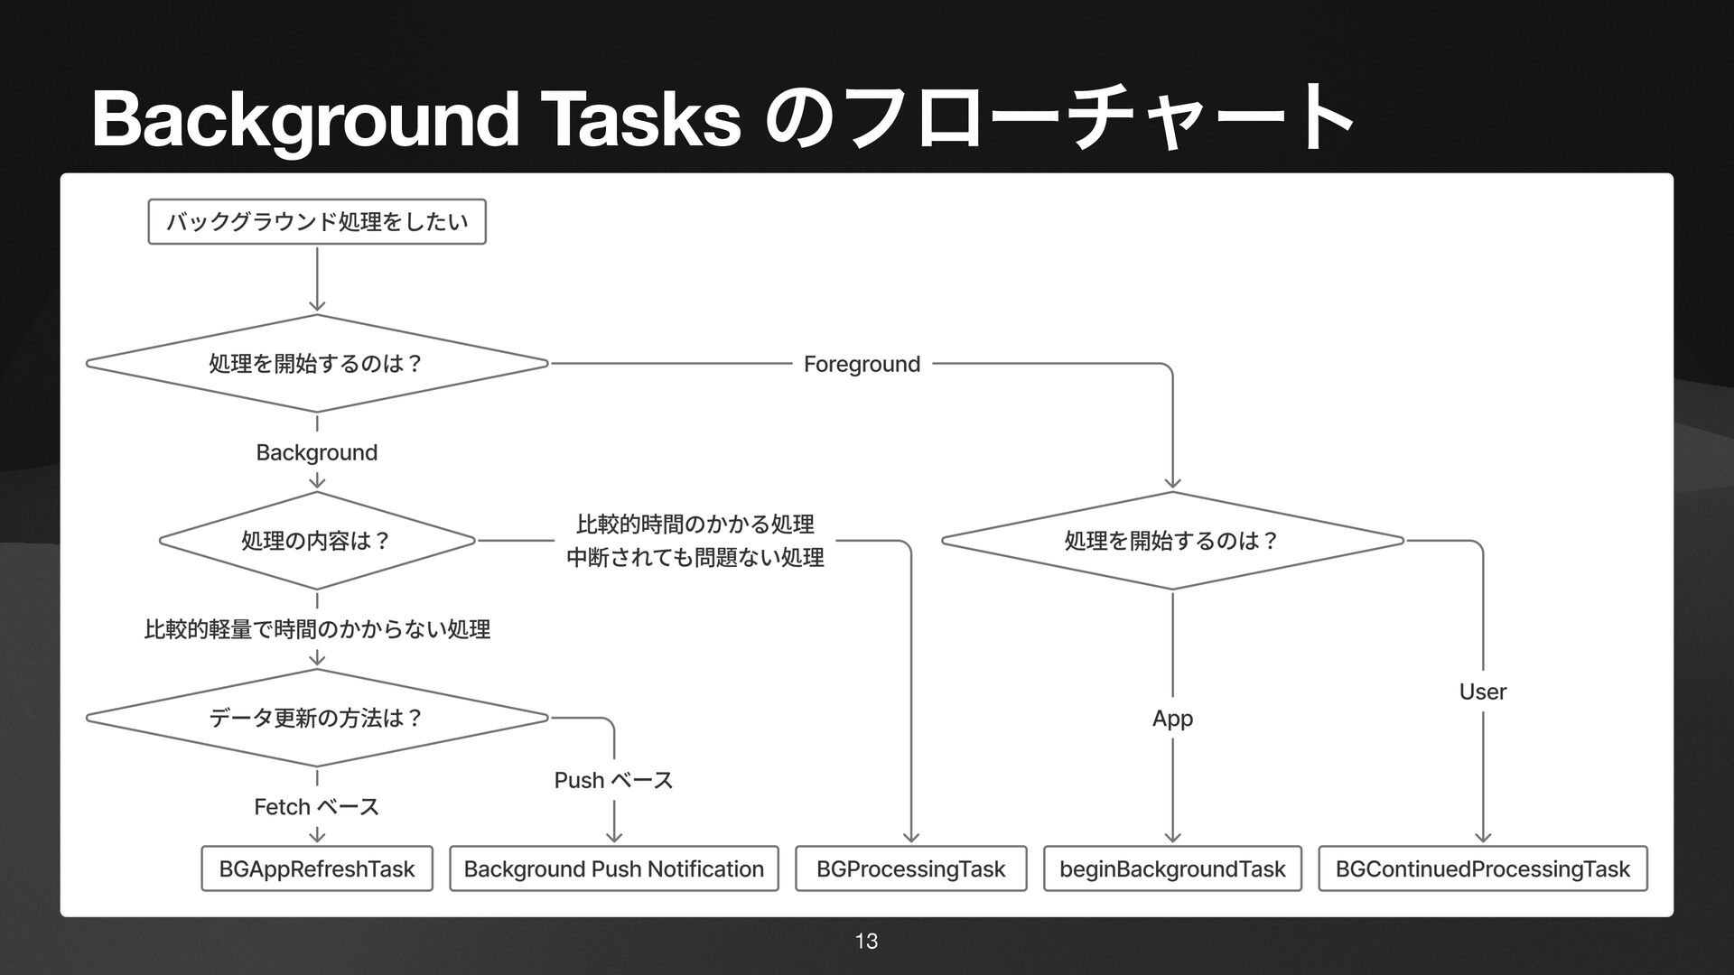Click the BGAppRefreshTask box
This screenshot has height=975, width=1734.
[317, 868]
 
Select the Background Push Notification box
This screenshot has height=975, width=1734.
[614, 868]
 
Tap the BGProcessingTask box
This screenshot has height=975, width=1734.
[910, 868]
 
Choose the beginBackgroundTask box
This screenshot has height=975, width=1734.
[1172, 868]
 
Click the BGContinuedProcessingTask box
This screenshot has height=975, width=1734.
[1482, 868]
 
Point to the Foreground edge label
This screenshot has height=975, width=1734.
[862, 364]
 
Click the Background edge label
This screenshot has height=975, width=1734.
[317, 452]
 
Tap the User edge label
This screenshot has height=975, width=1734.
[1483, 692]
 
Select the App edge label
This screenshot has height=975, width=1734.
[1172, 719]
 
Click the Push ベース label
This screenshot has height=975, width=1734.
[613, 780]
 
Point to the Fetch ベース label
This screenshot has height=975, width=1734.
[317, 806]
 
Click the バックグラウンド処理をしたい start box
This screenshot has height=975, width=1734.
[317, 222]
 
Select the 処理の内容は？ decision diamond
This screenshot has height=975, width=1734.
[317, 541]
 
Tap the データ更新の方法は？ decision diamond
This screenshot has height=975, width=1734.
[317, 718]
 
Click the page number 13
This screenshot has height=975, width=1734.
[866, 942]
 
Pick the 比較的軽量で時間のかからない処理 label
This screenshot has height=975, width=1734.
[317, 629]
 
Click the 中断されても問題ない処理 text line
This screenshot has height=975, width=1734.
[695, 558]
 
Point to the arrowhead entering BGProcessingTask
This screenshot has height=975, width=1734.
[911, 837]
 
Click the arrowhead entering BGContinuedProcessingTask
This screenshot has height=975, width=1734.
[1483, 837]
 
